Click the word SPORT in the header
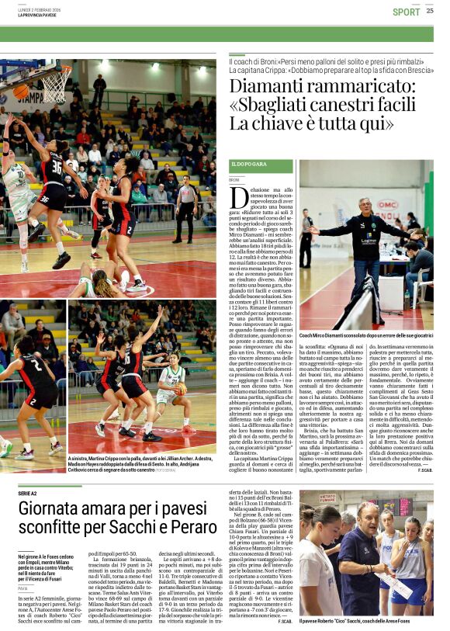[406, 12]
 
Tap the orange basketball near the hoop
[21, 92]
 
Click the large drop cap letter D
[239, 196]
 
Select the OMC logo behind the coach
[386, 204]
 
